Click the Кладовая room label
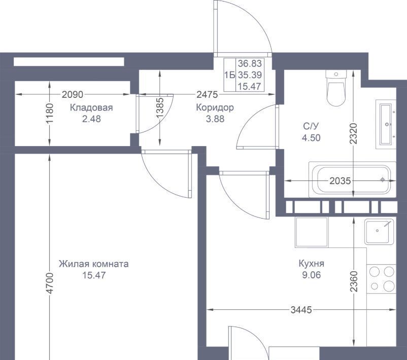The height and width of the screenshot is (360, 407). (91, 107)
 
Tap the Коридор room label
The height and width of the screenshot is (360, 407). (215, 107)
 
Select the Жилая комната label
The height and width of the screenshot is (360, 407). (94, 264)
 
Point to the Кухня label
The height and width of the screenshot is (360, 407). (312, 264)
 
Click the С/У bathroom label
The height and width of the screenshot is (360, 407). (311, 126)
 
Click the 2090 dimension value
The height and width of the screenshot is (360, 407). (73, 95)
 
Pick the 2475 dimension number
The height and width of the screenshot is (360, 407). (207, 95)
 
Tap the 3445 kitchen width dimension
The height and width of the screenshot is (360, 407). (301, 310)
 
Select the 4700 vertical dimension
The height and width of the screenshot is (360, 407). (50, 283)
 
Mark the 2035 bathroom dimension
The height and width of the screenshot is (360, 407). (341, 181)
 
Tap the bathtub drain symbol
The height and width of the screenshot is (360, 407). (382, 179)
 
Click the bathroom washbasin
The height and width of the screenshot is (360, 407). (386, 124)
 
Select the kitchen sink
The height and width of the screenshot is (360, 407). (379, 232)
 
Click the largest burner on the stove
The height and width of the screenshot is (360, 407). (389, 286)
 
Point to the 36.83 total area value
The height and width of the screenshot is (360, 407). (250, 63)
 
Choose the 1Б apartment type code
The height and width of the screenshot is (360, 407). (230, 75)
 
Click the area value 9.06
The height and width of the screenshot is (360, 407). (312, 275)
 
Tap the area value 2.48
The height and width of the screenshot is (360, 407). (91, 119)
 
